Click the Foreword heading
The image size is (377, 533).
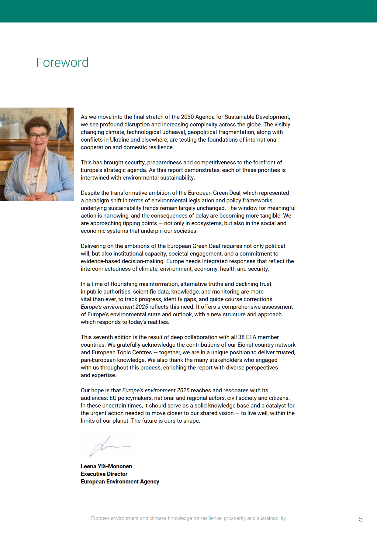[x=62, y=63]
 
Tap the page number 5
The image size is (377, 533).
[x=361, y=519]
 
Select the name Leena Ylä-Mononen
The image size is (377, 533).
[x=106, y=466]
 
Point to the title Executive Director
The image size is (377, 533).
[x=104, y=474]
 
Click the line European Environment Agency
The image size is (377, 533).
[x=120, y=481]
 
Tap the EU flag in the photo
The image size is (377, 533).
[x=61, y=129]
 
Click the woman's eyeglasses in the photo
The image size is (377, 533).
[x=39, y=136]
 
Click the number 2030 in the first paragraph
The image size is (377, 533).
[x=187, y=117]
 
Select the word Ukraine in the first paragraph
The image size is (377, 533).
[x=119, y=140]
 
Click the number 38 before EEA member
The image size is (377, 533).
[x=241, y=337]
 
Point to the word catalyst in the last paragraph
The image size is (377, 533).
[x=276, y=406]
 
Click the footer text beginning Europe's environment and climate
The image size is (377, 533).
[x=188, y=518]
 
